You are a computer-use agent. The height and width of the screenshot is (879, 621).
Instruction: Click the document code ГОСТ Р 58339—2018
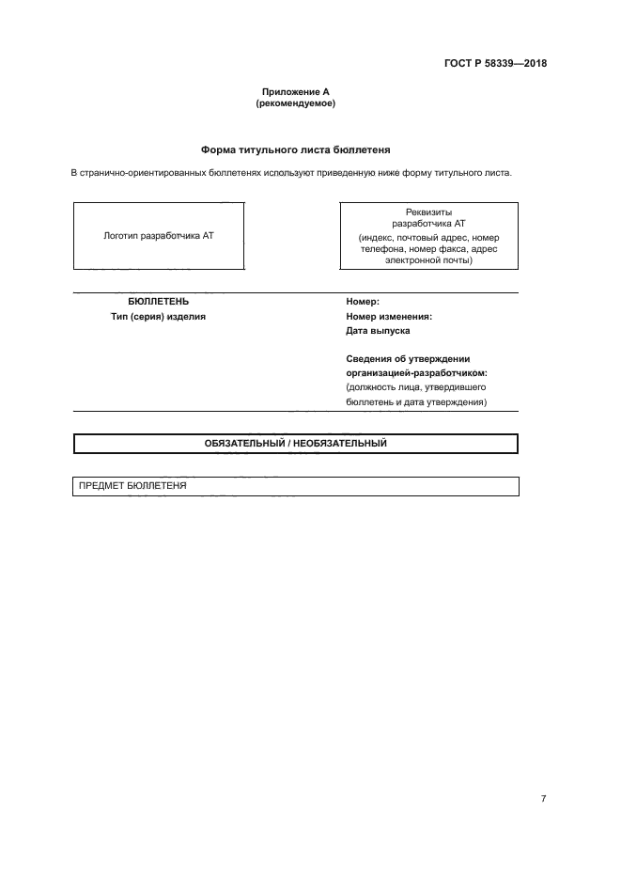[x=495, y=64]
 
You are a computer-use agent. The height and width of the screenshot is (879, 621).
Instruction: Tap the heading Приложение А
[x=295, y=92]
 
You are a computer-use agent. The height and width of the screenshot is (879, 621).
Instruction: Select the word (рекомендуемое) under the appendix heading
[x=295, y=103]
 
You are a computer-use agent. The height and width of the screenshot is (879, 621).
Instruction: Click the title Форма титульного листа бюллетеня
[x=295, y=149]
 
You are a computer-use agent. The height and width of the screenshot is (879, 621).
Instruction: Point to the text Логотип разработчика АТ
[x=158, y=236]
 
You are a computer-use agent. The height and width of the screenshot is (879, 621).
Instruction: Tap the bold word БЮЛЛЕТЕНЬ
[x=158, y=302]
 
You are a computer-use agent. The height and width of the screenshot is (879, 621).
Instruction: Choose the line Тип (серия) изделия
[x=158, y=317]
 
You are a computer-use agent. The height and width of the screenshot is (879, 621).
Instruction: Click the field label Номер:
[x=363, y=302]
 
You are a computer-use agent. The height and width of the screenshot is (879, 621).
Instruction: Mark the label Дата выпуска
[x=378, y=331]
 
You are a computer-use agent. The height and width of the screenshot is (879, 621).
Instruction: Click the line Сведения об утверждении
[x=408, y=359]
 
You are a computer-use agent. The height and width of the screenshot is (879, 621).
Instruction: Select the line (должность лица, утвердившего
[x=415, y=387]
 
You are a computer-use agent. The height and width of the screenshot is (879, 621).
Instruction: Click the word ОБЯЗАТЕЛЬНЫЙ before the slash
[x=247, y=443]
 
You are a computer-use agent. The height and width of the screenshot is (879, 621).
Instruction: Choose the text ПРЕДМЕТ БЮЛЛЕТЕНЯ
[x=132, y=486]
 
